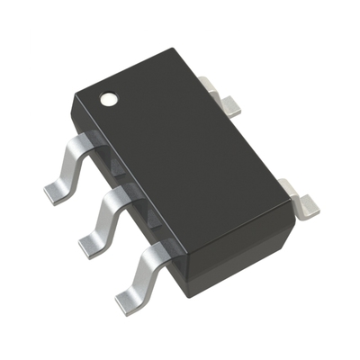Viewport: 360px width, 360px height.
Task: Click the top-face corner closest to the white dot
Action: [76, 91]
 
